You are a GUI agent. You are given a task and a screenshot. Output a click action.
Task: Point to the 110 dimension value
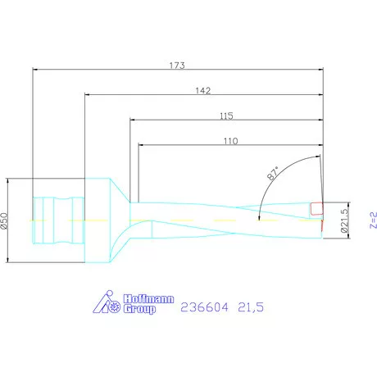(229, 141)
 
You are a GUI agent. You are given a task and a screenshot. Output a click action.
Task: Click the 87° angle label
(274, 173)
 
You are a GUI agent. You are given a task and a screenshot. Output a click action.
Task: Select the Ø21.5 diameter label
(345, 220)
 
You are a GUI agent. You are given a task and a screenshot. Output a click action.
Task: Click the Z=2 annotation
(371, 219)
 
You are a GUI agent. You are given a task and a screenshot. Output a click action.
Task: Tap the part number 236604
(200, 307)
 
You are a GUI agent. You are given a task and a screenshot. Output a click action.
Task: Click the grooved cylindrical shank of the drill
(57, 220)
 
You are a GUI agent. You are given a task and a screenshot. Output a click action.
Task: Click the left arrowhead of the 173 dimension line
(34, 70)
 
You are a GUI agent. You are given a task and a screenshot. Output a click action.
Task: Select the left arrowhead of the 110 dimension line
(140, 148)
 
